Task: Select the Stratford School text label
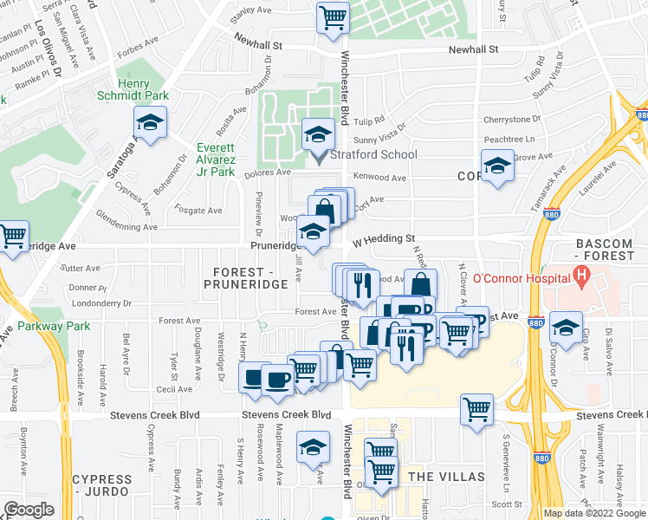click(x=374, y=155)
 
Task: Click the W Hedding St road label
click(x=384, y=238)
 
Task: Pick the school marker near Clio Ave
click(x=565, y=328)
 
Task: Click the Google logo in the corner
click(x=29, y=510)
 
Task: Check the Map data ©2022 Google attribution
click(x=594, y=513)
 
